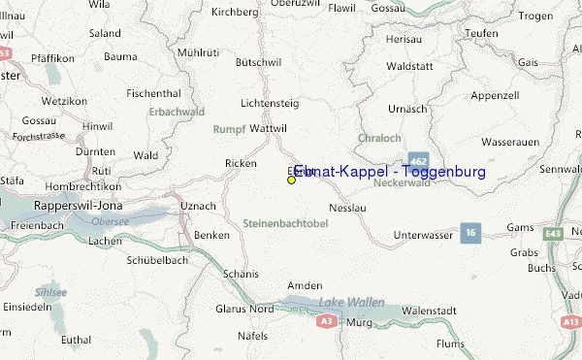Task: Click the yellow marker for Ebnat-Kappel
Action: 291,180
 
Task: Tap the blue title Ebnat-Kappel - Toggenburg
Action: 389,172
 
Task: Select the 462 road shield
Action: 418,160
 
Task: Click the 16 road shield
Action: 470,233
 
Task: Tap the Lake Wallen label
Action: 346,305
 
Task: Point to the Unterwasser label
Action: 425,236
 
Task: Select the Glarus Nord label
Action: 244,310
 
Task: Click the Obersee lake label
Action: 110,220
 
